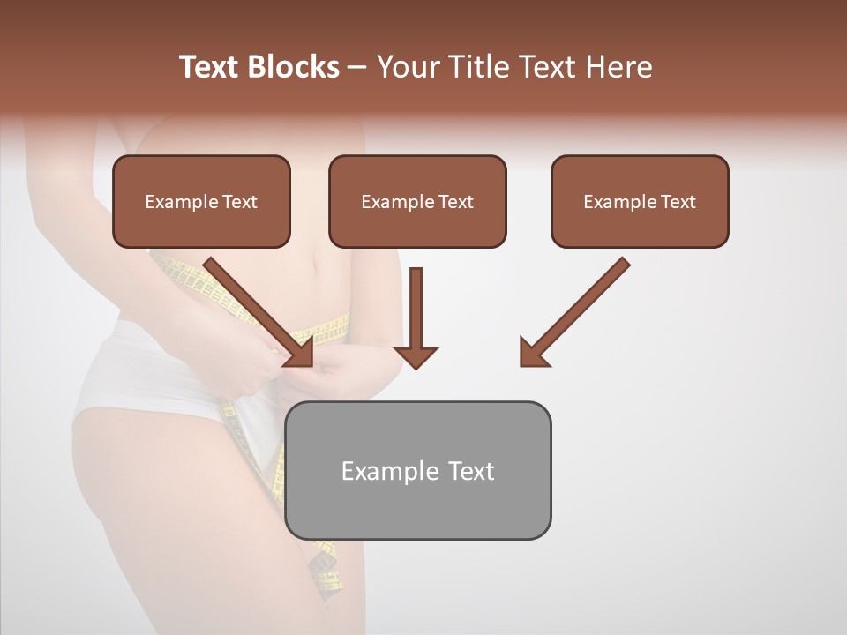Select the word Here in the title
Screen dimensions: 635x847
coord(617,67)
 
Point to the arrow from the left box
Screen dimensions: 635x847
coord(256,309)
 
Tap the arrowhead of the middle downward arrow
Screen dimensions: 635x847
coord(416,356)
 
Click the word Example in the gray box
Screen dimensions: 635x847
coord(378,471)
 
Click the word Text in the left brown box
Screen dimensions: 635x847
coord(240,202)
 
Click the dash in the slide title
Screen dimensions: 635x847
coord(357,67)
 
